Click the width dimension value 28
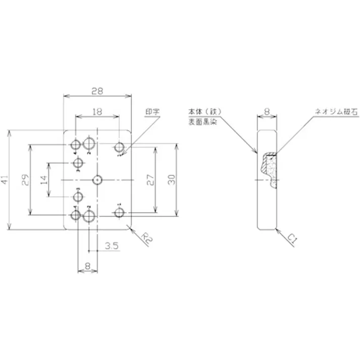[x=97, y=91]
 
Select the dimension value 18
[x=97, y=111]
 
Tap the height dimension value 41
[x=6, y=180]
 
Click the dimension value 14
[x=44, y=180]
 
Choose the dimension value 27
[x=150, y=180]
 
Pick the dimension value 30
[x=172, y=180]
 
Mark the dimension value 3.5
[x=112, y=246]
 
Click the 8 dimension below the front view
[x=87, y=265]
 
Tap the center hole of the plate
[x=97, y=180]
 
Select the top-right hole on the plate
[x=119, y=147]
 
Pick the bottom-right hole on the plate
[x=119, y=214]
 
